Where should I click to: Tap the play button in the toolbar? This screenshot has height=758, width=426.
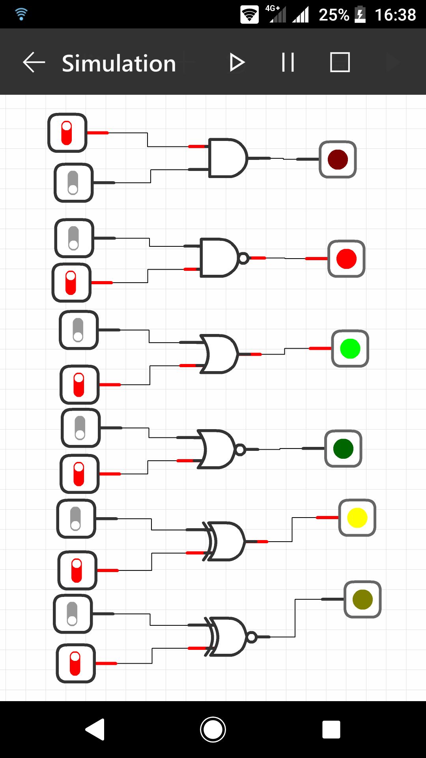click(x=237, y=63)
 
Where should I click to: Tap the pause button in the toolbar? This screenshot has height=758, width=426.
click(x=288, y=62)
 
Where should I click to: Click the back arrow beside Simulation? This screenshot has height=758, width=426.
click(x=34, y=62)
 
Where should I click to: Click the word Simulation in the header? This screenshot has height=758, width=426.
click(x=119, y=63)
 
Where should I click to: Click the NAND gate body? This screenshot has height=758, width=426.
click(x=218, y=258)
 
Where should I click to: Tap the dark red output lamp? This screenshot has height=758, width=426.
click(x=338, y=159)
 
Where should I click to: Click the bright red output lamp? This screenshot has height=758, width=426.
click(x=346, y=259)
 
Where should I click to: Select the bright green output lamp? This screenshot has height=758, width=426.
click(x=350, y=349)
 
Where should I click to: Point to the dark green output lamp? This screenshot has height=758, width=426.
click(x=343, y=449)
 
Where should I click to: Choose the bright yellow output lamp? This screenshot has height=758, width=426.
click(x=357, y=518)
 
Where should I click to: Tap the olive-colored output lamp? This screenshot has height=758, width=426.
click(x=362, y=599)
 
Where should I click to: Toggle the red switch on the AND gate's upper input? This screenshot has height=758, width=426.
click(x=67, y=133)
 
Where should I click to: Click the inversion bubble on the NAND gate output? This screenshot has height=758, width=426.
click(x=244, y=258)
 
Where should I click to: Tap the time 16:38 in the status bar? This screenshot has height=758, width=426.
click(x=395, y=15)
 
